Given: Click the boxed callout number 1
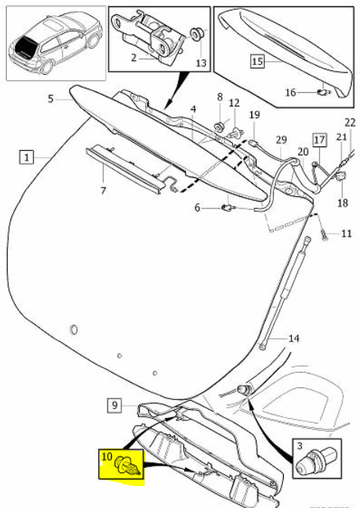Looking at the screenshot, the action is pos(27,157).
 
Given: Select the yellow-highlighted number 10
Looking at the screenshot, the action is pos(107,457).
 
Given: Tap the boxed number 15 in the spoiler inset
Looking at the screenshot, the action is pos(257,61).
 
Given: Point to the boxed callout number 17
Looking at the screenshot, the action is pos(319,140).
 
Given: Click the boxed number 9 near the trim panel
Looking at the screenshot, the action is pos(115,405).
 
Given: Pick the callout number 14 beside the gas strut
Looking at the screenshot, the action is pos(294,338).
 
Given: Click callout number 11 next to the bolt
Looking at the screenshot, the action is pos(346,233).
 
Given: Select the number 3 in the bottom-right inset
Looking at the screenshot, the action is pos(300,446).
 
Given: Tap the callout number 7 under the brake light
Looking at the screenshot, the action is pos(103,190).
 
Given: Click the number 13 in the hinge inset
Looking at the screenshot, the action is pos(202,62).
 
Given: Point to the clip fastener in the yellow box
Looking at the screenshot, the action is pos(128,465).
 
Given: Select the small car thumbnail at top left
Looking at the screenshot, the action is pos(57,44).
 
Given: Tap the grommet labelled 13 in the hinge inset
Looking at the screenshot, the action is pos(195,33).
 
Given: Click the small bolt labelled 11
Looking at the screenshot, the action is pos(325,234).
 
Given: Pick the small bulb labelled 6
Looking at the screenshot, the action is pos(229,207).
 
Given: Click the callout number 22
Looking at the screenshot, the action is pos(351,122).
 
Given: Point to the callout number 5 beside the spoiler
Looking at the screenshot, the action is pos(51,98).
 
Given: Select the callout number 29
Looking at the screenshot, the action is pos(282,140).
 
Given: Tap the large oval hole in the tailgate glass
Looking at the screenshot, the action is pos(74,329).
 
